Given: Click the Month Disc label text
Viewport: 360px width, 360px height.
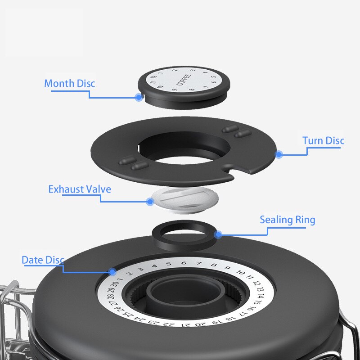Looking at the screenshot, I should pyautogui.click(x=70, y=84).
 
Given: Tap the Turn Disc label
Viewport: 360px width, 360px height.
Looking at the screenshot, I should pyautogui.click(x=323, y=141).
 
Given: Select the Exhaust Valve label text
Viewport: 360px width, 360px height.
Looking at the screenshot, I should pyautogui.click(x=79, y=189).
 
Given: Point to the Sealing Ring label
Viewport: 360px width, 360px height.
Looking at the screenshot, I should pyautogui.click(x=287, y=220).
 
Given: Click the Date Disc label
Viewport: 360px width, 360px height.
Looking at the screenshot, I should pyautogui.click(x=43, y=260).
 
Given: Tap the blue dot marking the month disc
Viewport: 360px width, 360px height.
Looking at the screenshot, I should pyautogui.click(x=138, y=97).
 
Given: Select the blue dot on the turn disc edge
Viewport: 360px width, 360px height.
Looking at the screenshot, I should pyautogui.click(x=279, y=154).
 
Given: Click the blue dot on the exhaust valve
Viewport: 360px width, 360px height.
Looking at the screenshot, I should pyautogui.click(x=150, y=202).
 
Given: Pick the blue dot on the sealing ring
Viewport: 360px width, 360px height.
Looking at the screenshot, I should pyautogui.click(x=218, y=234).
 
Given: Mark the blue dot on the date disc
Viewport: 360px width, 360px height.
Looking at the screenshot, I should pyautogui.click(x=112, y=272).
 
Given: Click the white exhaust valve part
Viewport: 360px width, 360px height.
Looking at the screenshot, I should pyautogui.click(x=184, y=200).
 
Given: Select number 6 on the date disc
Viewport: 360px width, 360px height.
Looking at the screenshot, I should pyautogui.click(x=183, y=263).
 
